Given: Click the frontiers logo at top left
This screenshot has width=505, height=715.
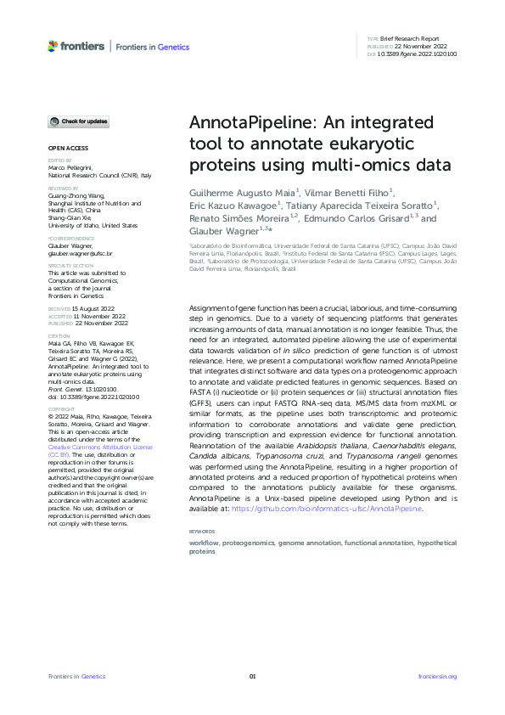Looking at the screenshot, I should click(76, 46).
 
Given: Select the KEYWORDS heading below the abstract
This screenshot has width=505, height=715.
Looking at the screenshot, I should click(204, 531).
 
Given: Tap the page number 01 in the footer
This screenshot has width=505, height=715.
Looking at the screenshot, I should click(252, 676).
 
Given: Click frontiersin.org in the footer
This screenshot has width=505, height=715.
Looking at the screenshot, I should click(438, 676).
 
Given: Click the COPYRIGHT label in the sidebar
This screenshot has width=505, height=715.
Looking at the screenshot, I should click(61, 408).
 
